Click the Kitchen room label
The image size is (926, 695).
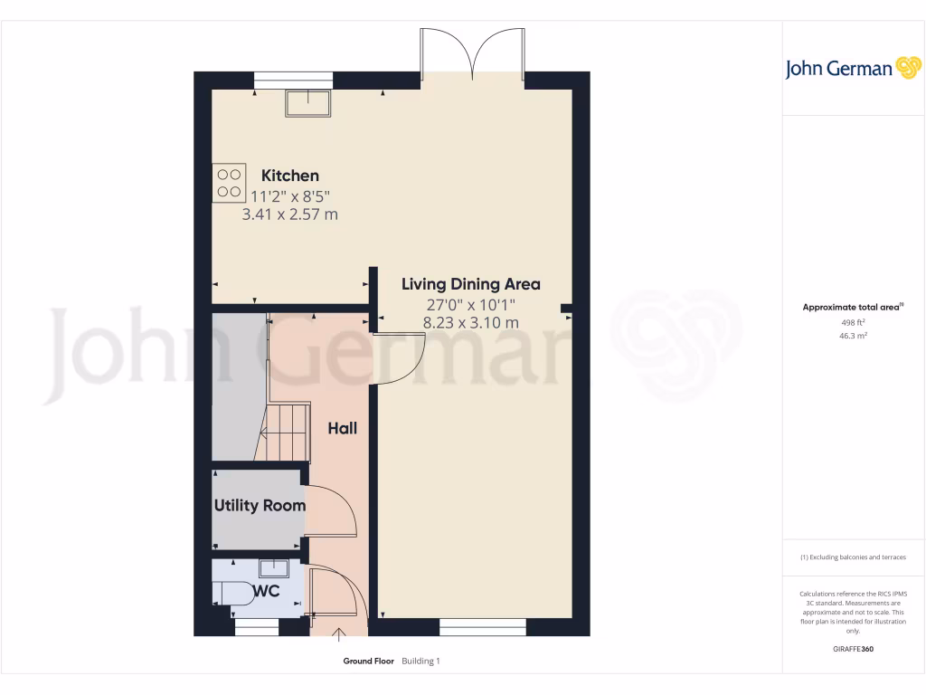[290, 176]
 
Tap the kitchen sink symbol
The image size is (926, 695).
[308, 103]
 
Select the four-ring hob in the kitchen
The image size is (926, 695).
[230, 182]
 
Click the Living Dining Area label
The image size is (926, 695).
[470, 284]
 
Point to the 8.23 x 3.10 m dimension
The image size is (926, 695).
[470, 322]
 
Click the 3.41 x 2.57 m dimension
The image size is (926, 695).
[290, 214]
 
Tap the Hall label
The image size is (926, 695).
[342, 428]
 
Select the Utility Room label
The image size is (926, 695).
[260, 506]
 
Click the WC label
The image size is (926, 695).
[266, 591]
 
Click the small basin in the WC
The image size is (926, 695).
[273, 568]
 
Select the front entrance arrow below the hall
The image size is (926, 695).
[340, 636]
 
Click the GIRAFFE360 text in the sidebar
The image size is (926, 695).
[853, 649]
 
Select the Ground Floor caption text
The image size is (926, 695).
[368, 662]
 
